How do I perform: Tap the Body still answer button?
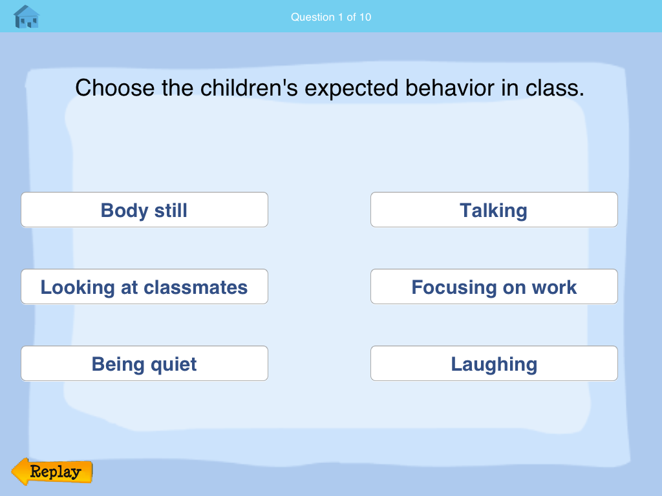click(x=144, y=210)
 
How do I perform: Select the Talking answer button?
click(x=494, y=210)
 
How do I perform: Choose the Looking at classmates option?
click(x=144, y=287)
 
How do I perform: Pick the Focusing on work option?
click(x=494, y=287)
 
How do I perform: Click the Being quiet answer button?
click(x=144, y=364)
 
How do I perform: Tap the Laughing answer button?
click(x=494, y=364)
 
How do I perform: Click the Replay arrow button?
click(x=52, y=472)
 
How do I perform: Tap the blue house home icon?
click(x=27, y=17)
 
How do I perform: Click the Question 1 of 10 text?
click(x=331, y=17)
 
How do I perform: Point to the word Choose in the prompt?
click(x=115, y=88)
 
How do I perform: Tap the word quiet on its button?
click(x=173, y=364)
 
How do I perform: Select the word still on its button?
click(x=170, y=210)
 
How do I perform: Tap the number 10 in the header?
click(x=365, y=17)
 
